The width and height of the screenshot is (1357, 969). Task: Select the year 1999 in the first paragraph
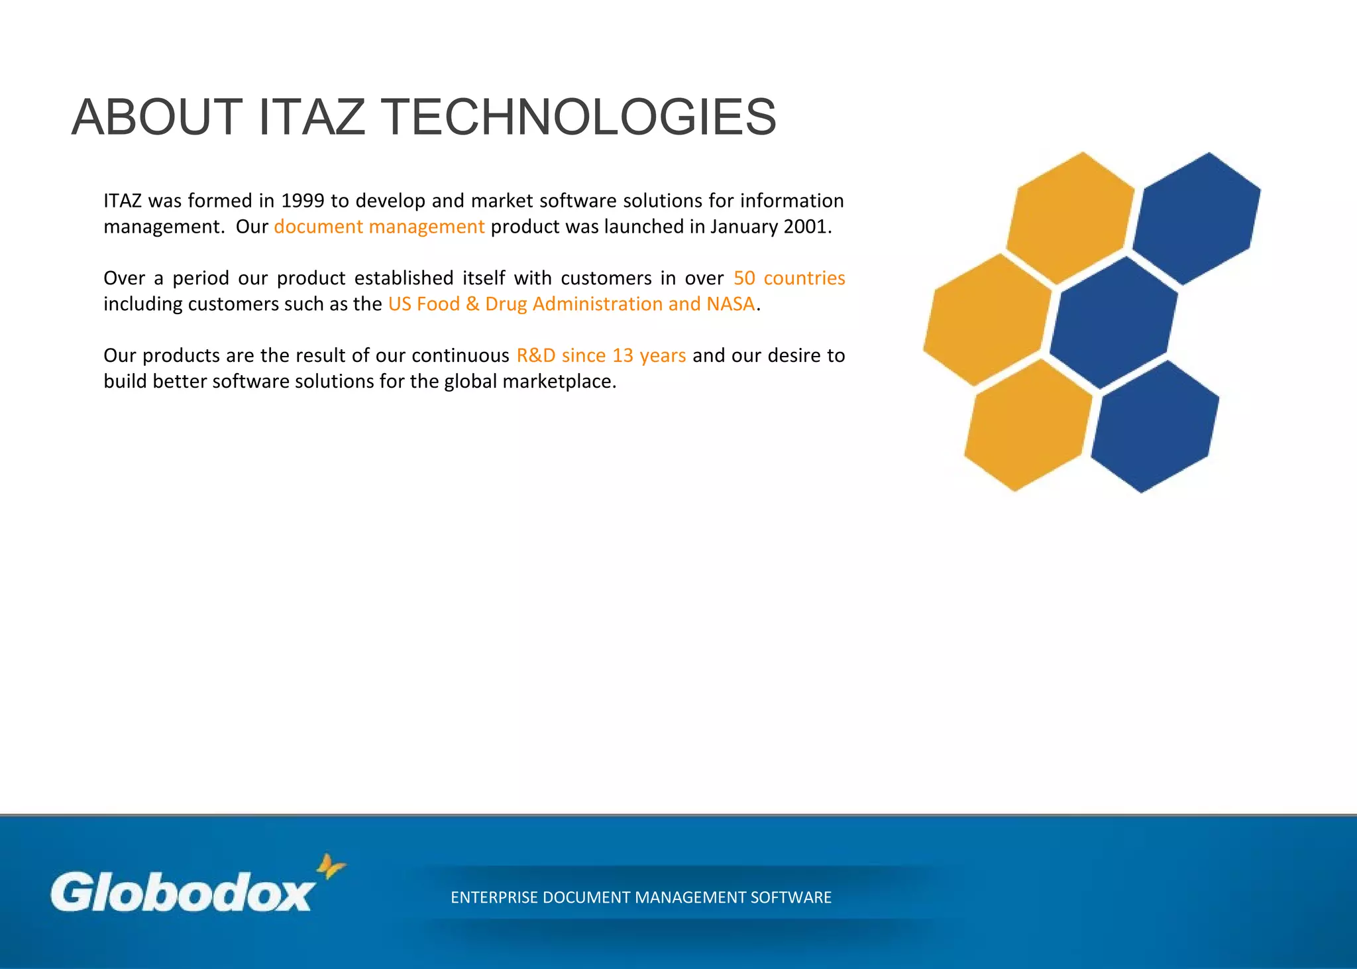303,200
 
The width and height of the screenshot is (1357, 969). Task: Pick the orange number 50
744,278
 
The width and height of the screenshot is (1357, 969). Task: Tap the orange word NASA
730,304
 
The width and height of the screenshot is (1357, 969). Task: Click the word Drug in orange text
506,304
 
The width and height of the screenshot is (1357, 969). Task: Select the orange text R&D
535,355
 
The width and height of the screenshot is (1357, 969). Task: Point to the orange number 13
623,355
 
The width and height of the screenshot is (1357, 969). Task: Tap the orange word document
318,227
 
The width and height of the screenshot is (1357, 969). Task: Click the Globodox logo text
182,892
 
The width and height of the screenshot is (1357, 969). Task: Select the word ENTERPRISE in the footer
494,897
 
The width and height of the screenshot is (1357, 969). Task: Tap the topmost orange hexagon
1069,218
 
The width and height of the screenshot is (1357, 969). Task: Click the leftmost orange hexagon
987,319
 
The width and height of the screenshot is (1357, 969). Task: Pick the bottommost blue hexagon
1154,426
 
